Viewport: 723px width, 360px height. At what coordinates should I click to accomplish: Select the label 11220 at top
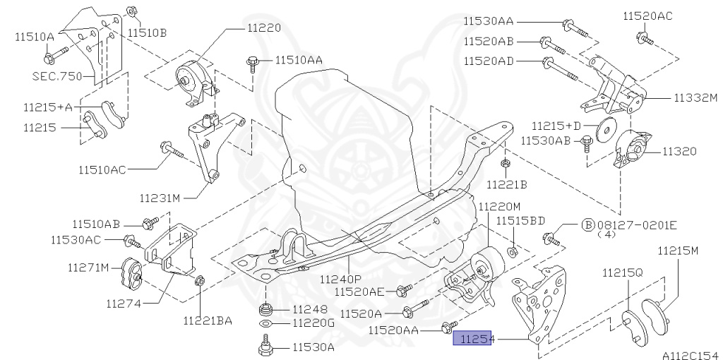click(263, 28)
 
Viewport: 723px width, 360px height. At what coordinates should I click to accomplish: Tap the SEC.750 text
click(57, 76)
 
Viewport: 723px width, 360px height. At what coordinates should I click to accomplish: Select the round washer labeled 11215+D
click(605, 132)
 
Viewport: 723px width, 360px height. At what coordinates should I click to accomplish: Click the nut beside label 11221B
click(506, 165)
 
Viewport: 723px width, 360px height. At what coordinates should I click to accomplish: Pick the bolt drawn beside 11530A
click(265, 347)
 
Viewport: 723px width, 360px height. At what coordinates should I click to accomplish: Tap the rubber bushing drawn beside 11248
click(265, 309)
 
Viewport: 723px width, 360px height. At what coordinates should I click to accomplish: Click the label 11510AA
click(299, 61)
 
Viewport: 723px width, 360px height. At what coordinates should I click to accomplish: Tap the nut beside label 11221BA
click(199, 281)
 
